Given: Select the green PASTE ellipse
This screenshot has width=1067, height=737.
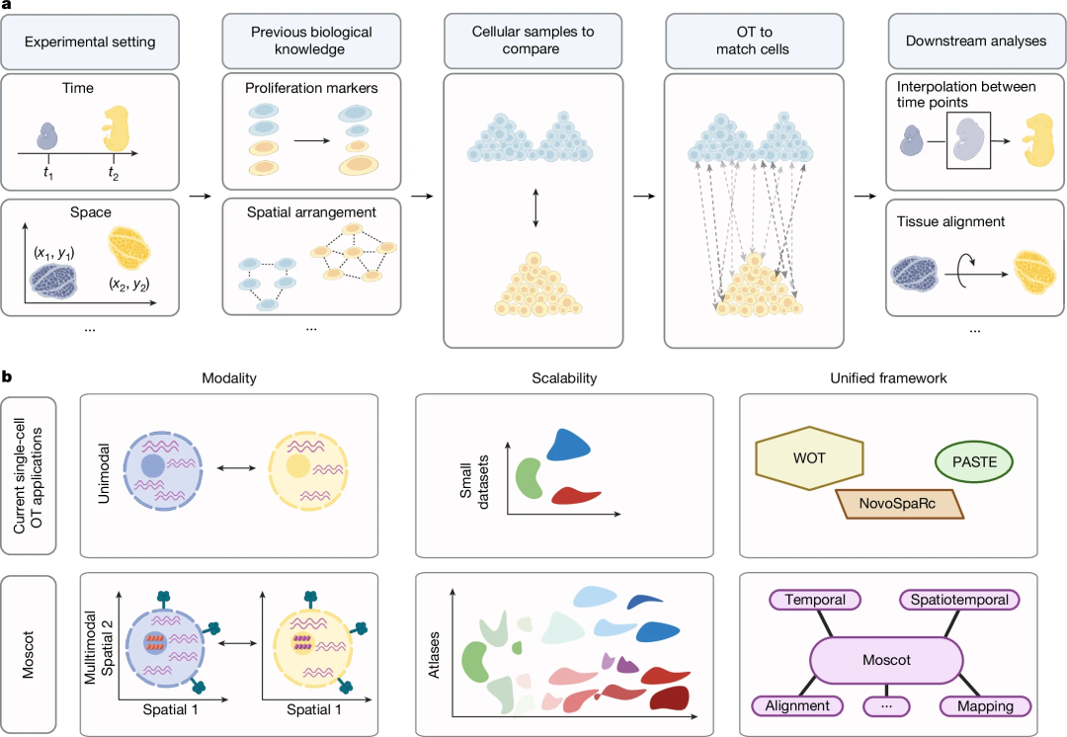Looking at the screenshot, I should (x=974, y=460).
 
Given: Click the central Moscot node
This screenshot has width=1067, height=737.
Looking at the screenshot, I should (x=887, y=657).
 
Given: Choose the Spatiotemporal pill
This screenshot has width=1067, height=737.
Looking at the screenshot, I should (x=959, y=600).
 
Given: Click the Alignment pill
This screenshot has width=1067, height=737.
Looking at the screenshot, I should (x=803, y=705).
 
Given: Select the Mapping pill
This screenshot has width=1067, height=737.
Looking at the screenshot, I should (x=984, y=705).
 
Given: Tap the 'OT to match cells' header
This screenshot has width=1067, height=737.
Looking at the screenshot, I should (x=748, y=41).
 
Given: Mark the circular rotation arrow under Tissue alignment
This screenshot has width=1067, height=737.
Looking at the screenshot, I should (x=971, y=268).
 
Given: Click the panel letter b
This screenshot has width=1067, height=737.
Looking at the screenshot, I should (x=7, y=376).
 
